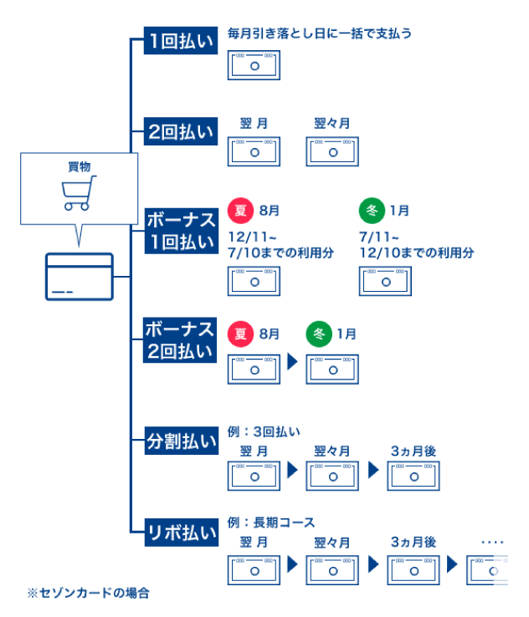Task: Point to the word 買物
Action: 79,166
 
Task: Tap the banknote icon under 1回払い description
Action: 254,64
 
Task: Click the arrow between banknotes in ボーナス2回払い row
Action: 292,362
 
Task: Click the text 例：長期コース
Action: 271,523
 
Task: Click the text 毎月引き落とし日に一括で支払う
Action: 320,34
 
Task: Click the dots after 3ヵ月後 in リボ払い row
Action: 493,543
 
